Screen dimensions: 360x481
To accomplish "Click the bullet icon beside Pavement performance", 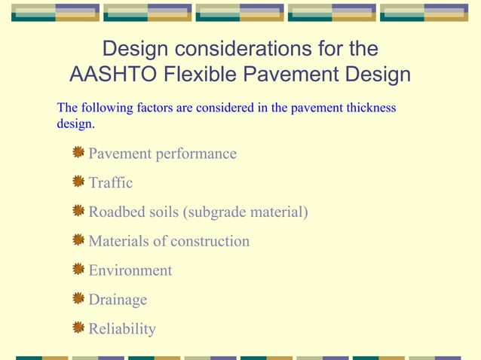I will coord(78,153).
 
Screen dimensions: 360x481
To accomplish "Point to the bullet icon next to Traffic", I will coord(78,182).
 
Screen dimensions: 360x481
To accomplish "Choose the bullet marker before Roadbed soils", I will coord(78,211).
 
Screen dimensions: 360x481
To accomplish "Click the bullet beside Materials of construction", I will coord(78,240).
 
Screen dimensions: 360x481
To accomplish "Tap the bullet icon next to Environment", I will coord(78,269).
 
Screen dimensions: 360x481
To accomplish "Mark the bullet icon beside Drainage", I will coord(78,299).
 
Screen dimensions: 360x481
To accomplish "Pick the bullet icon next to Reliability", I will coord(78,328).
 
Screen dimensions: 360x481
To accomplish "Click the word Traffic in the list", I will coord(111,183).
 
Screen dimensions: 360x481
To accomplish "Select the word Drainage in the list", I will coord(118,300).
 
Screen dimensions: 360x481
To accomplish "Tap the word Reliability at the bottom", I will coord(122,329).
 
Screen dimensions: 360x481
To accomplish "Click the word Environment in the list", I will coord(130,270).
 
